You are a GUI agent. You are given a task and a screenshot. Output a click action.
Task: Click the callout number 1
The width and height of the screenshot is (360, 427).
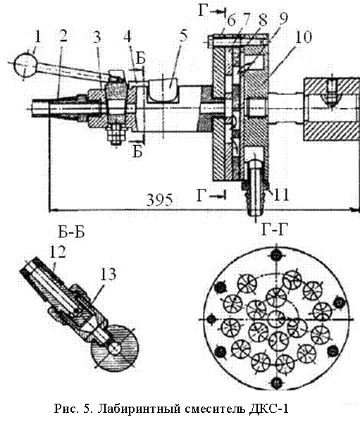point(37,37)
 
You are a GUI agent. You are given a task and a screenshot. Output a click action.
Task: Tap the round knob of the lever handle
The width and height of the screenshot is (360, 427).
point(26,64)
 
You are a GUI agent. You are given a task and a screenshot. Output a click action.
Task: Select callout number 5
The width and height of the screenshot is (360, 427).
point(184,37)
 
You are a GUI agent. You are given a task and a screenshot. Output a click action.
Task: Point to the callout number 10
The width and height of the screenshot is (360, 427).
point(303,37)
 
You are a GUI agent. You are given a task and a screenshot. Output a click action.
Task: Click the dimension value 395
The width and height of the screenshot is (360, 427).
point(160,199)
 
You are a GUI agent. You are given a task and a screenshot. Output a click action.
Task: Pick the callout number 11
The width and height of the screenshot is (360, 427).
point(280,194)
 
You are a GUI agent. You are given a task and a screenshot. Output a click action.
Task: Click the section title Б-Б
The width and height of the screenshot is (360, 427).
point(71,233)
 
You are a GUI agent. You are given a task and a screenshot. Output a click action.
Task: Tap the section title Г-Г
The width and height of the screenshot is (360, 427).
point(275,230)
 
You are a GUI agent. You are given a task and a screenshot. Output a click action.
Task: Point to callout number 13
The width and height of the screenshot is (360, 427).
point(108,275)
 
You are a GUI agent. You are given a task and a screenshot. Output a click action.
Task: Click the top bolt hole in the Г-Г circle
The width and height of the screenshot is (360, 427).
point(276,255)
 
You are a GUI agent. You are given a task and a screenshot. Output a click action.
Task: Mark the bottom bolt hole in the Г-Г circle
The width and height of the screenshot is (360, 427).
point(276,383)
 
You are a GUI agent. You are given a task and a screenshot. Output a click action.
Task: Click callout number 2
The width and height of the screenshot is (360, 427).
point(63,37)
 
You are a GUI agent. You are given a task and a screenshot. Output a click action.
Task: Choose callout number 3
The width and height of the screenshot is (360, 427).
point(97,37)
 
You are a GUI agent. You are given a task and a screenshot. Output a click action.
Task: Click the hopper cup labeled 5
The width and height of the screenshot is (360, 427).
point(162,89)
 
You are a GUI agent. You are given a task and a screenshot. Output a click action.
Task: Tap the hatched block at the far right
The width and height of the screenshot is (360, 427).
point(331,109)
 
